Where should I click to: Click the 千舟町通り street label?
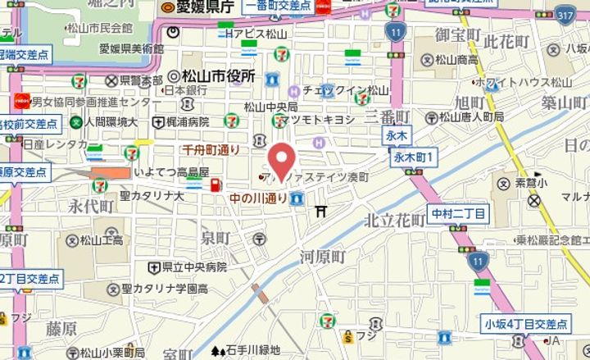211,149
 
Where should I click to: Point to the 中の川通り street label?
258,198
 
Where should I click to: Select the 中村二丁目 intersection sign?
459,215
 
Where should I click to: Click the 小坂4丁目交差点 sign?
524,324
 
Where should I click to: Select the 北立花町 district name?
394,220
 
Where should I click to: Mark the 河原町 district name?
323,257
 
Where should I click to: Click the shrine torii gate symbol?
321,212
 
